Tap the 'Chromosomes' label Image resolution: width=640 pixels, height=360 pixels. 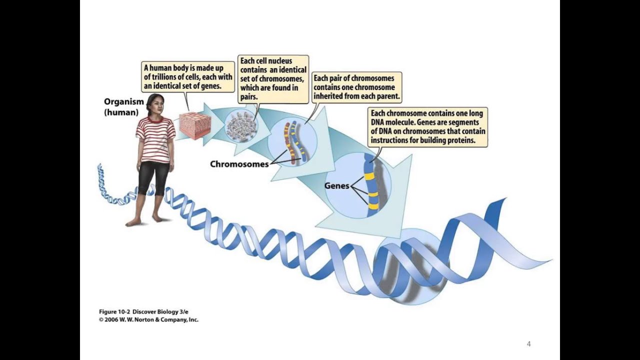239,164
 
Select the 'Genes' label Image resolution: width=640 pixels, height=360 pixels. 336,185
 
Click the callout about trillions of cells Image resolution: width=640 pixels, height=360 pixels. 188,76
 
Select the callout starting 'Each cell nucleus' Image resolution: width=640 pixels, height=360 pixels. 273,79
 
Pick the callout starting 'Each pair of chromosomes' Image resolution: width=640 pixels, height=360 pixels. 356,87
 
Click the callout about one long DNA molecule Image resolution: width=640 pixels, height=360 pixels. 427,127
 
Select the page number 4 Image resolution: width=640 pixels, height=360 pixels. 528,343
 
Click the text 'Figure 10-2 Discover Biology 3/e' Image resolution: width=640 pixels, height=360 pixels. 143,311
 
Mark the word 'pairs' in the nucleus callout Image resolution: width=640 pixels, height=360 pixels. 249,96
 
